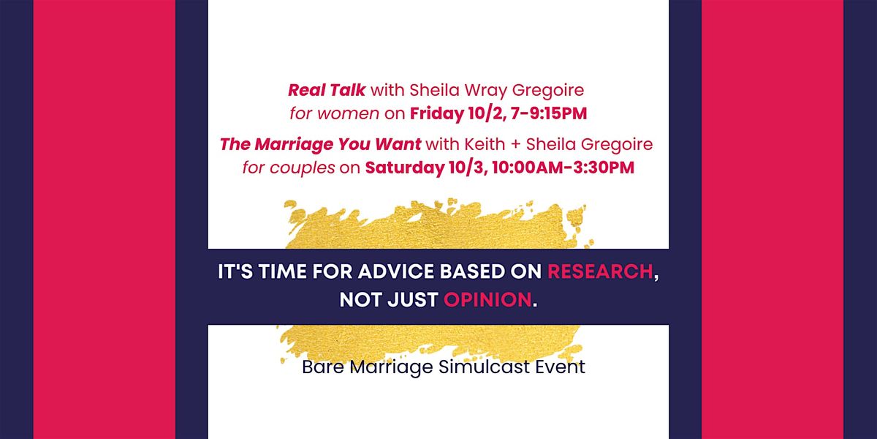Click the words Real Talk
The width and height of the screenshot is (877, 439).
pos(327,90)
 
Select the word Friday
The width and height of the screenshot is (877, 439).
pos(436,114)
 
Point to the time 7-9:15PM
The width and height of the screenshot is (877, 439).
pos(549,113)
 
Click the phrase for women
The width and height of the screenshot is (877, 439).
pos(335,113)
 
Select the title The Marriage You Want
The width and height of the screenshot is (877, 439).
pos(320,145)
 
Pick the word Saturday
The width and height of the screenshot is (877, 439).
pos(405,168)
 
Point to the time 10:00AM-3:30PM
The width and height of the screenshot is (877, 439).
pos(563,168)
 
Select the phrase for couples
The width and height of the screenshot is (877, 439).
pos(289,168)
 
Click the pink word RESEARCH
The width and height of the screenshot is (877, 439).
pos(600,271)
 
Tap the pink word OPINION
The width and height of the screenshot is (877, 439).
pos(487,300)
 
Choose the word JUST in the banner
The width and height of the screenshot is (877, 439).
pos(413,300)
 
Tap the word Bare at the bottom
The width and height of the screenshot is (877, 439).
pos(323,367)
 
